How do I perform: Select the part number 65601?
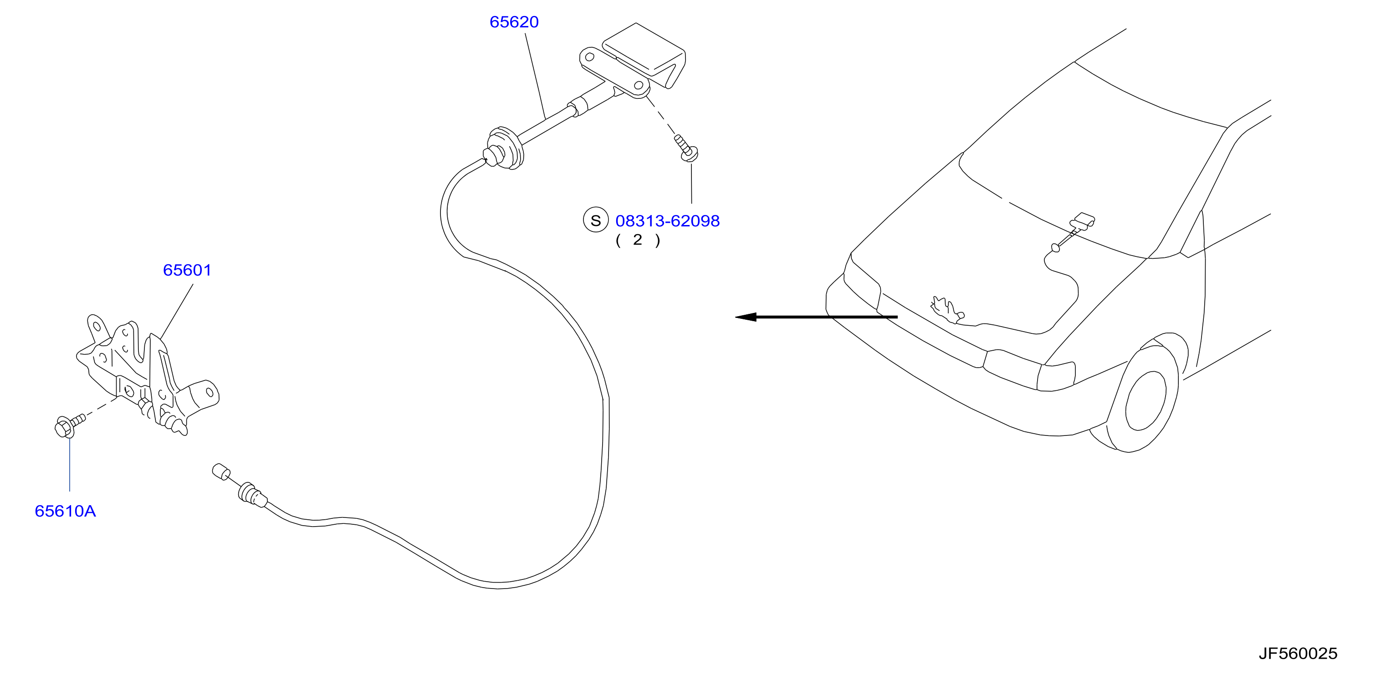point(187,270)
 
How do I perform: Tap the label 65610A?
point(65,511)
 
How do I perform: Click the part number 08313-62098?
point(667,221)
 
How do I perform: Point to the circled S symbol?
point(596,220)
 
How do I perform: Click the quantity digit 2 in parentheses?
point(638,240)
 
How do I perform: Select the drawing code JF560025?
point(1298,654)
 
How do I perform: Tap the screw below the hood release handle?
point(686,148)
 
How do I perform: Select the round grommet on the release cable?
point(504,149)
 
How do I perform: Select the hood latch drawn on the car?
point(946,309)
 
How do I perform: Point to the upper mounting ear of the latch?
point(96,327)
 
